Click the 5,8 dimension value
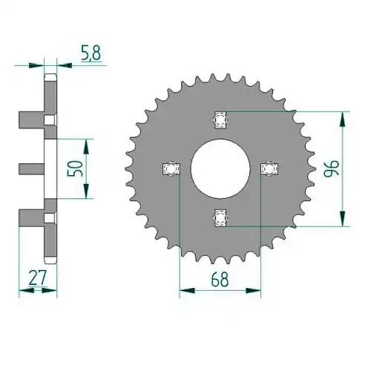(91, 53)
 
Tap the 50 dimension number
(75, 168)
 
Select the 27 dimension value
(38, 278)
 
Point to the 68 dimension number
(220, 280)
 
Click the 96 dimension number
(332, 168)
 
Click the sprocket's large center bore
(220, 168)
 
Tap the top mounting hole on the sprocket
(220, 120)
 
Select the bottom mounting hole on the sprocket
(220, 218)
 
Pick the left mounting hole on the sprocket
(171, 169)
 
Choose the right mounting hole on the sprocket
(269, 169)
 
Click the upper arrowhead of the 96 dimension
(342, 119)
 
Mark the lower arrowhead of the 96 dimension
(342, 218)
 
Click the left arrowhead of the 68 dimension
(187, 290)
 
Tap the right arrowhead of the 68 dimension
(253, 290)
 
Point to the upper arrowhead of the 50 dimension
(86, 147)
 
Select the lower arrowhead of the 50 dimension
(86, 191)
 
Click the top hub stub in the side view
(32, 119)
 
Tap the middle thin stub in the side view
(32, 168)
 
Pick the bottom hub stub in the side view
(32, 217)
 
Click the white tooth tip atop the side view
(50, 78)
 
